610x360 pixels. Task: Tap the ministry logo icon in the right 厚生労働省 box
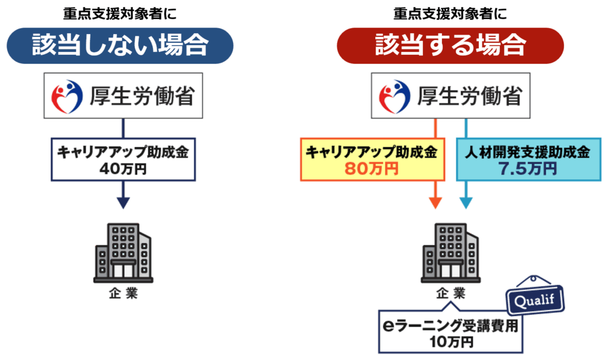[396, 95]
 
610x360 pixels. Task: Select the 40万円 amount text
[123, 169]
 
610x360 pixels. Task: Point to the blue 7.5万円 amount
[527, 169]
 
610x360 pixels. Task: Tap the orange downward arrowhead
[436, 202]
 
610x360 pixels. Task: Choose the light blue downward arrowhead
[466, 202]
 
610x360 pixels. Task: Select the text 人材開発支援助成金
[527, 153]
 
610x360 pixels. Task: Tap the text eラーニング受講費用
[451, 326]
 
